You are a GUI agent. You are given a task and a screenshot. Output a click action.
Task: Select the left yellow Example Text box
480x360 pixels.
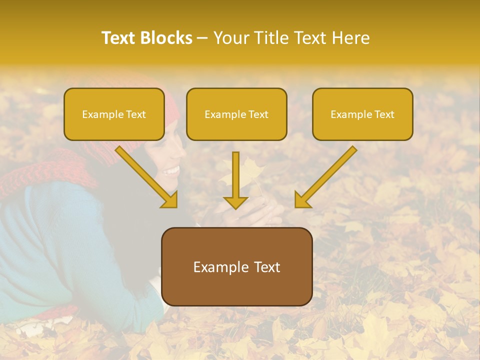coord(114,114)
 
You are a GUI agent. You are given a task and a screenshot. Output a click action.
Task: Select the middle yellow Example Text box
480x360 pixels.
coord(236,114)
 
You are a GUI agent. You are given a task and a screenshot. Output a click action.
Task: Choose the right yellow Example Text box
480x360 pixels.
coord(362,114)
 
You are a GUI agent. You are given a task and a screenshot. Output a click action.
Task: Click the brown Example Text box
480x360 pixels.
coord(237,267)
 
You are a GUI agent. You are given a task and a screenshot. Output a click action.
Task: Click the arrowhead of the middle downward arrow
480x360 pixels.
coord(235,202)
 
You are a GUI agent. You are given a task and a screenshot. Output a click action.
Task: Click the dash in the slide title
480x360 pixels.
coord(202,38)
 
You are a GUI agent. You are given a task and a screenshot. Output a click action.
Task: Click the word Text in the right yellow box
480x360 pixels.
coord(384,114)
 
